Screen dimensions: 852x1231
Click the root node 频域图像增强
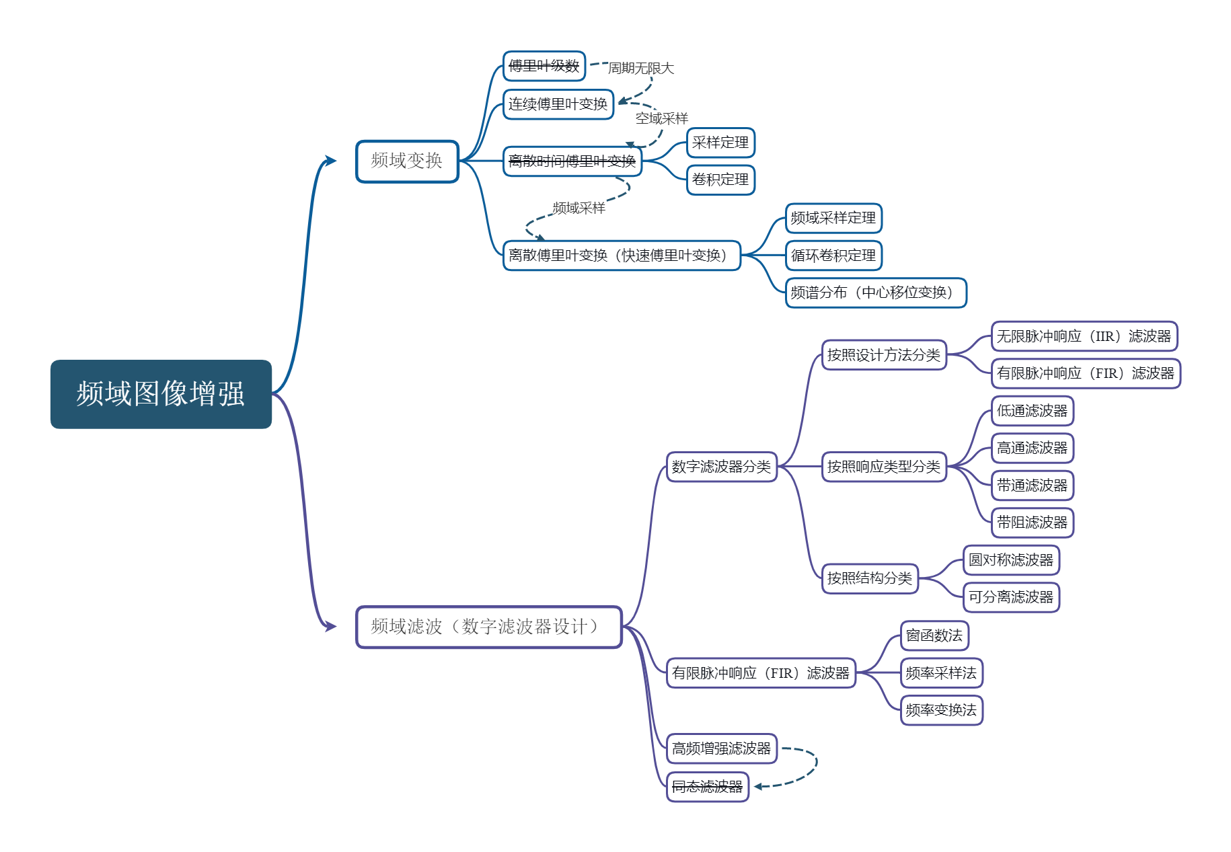161,394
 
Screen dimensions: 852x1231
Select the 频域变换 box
407,161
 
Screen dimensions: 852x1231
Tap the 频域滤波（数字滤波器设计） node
488,627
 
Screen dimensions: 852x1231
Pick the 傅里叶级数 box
544,66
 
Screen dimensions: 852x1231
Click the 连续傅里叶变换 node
558,104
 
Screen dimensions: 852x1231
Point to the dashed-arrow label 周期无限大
641,68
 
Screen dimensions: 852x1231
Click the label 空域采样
662,118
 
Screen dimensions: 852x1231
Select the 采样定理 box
721,143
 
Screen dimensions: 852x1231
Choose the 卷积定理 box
721,180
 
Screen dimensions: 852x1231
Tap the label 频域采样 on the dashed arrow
579,208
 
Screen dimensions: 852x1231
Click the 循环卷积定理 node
833,256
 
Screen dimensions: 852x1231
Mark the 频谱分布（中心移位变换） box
876,293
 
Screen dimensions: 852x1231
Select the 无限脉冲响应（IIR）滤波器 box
1084,336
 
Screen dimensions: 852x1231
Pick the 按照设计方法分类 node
884,355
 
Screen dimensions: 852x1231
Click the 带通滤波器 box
1033,486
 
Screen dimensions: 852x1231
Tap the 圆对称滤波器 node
1011,560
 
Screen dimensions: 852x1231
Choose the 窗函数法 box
935,635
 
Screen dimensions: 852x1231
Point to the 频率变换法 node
942,710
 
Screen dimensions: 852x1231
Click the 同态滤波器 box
708,786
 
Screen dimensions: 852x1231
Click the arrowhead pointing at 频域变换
330,161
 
